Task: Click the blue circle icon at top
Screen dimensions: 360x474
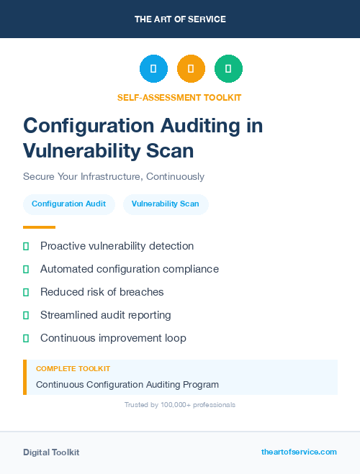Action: [x=153, y=69]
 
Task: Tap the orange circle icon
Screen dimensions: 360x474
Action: [x=191, y=69]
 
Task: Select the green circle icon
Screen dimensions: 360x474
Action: [x=228, y=69]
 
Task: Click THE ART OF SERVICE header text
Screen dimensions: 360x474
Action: [x=180, y=19]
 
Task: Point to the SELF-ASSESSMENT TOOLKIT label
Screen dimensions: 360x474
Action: [x=179, y=97]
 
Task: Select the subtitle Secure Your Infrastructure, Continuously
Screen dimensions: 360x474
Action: [x=114, y=176]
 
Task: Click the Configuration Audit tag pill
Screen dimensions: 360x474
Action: [x=68, y=204]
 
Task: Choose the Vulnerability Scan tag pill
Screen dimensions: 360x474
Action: [x=166, y=204]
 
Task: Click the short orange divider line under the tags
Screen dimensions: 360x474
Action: [x=39, y=227]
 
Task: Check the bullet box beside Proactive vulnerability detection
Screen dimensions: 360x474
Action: [x=26, y=246]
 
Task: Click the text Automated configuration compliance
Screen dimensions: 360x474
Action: [x=129, y=269]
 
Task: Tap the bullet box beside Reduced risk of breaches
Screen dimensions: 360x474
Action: [x=26, y=292]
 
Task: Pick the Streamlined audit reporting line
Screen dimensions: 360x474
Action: [x=105, y=315]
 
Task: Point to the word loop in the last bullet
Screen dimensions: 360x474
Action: [x=175, y=338]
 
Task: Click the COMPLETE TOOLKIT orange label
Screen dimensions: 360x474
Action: [x=73, y=368]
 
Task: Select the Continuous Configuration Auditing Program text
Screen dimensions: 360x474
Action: [x=127, y=384]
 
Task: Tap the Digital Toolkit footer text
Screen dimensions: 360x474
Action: [x=51, y=452]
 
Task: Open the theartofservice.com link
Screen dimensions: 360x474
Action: [x=299, y=452]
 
